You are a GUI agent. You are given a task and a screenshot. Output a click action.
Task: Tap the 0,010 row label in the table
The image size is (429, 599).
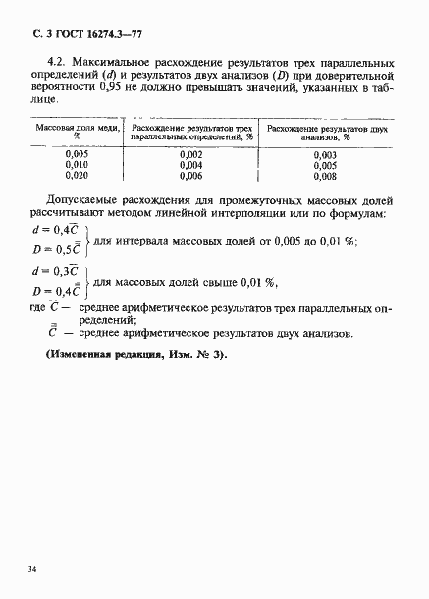point(78,166)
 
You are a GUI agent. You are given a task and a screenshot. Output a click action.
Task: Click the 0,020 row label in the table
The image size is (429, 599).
point(78,177)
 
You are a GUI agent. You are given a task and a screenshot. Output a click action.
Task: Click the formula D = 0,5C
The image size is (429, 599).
point(56,249)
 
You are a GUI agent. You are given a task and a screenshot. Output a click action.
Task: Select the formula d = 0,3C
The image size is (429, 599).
point(56,271)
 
